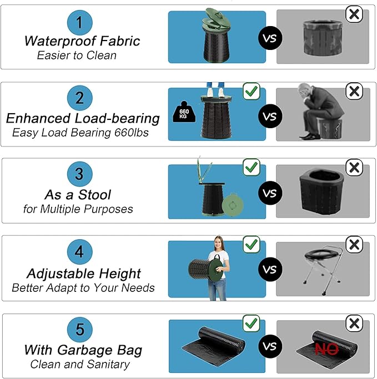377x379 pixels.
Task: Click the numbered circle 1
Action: click(79, 23)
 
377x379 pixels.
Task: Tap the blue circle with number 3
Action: click(79, 174)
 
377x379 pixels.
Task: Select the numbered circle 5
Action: click(80, 330)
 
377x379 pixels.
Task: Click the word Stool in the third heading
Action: click(94, 195)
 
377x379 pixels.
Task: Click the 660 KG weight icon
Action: click(184, 112)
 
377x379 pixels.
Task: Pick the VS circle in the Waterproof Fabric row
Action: click(270, 38)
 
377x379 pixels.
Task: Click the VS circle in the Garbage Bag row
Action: click(270, 346)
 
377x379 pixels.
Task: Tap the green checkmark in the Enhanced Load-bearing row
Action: click(252, 91)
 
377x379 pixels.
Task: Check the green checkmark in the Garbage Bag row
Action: click(252, 324)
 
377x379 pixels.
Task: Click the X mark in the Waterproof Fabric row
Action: click(354, 14)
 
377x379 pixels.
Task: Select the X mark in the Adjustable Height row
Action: click(354, 245)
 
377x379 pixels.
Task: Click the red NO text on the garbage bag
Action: click(326, 349)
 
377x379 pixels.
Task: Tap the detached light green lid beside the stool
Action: click(233, 205)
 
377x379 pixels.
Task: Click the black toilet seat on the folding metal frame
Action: click(321, 254)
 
